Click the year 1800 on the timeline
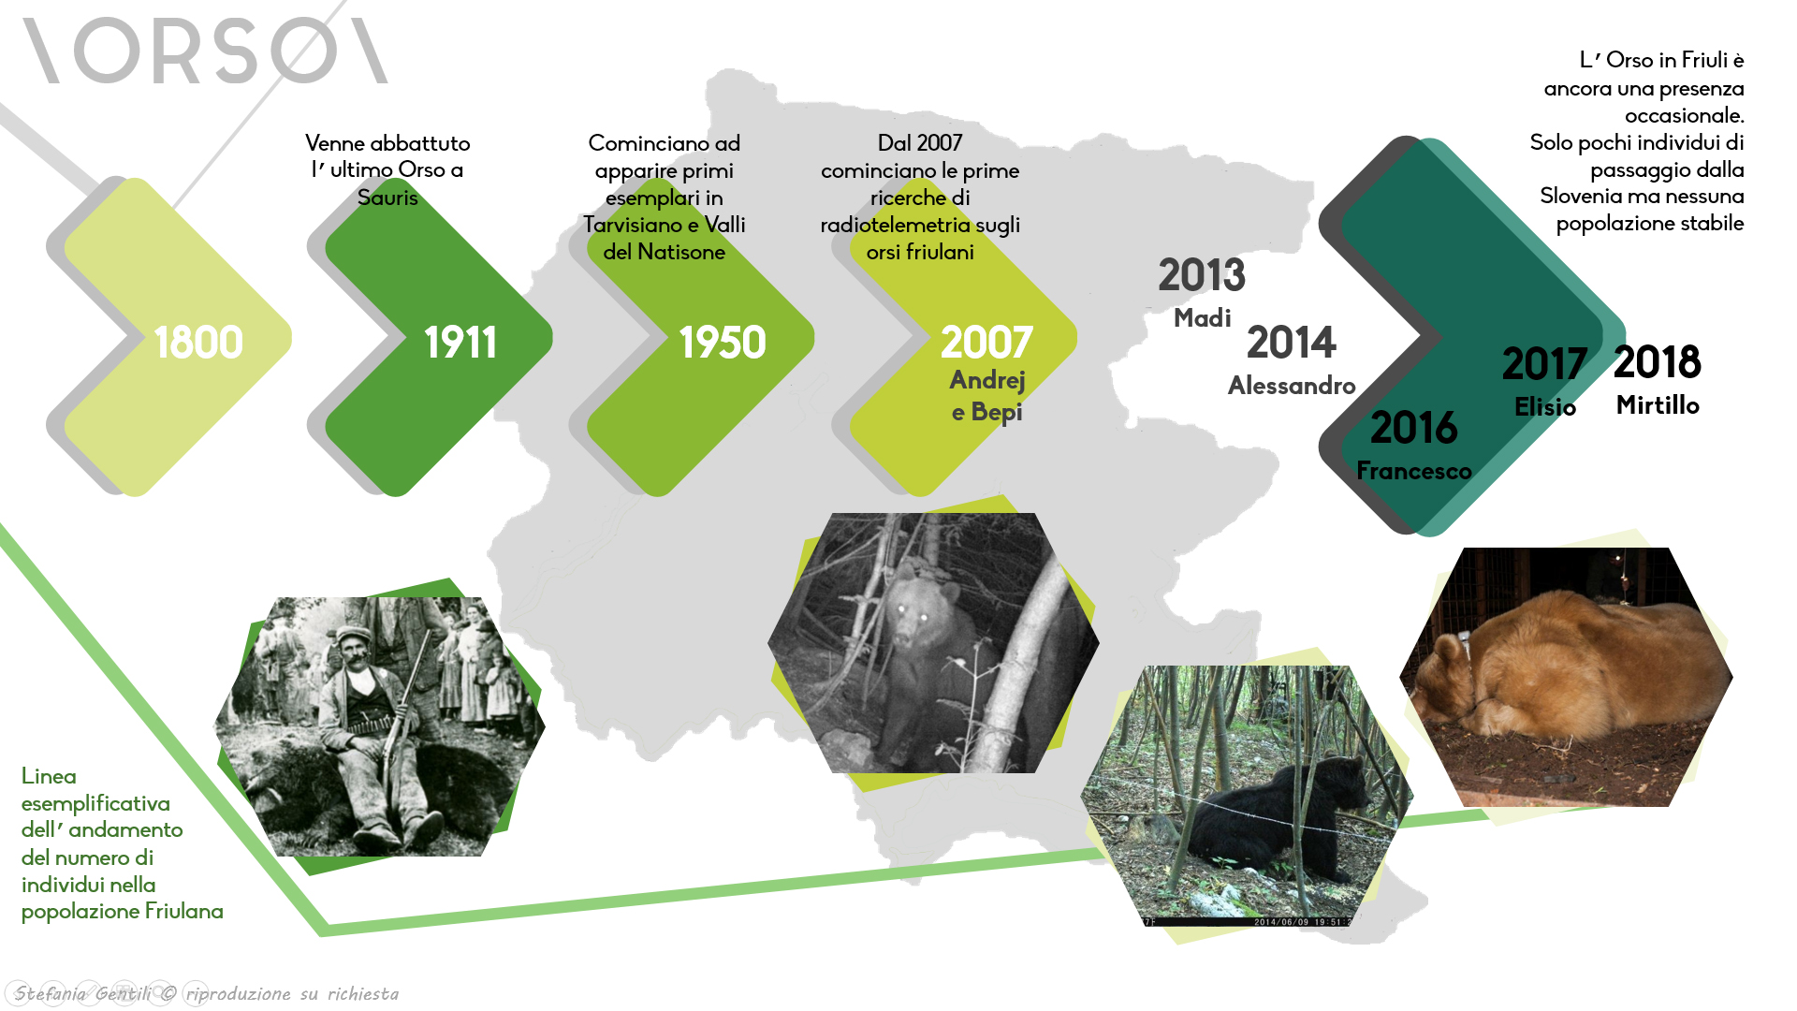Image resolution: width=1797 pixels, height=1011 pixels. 198,343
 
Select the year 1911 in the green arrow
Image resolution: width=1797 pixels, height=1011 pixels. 460,343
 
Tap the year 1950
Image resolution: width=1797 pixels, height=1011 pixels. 723,343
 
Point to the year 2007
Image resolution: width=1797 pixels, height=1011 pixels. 986,343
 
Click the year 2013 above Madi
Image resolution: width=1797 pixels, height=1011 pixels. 1202,275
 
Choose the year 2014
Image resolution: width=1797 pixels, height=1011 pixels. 1292,343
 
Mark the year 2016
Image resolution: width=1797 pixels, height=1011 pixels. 1414,428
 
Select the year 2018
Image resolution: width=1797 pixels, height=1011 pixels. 1658,362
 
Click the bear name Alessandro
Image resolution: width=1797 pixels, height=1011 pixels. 1292,386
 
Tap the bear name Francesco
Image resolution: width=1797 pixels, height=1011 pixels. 1414,471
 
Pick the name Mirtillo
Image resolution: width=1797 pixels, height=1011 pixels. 1658,405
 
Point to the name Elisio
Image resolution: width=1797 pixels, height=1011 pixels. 1545,407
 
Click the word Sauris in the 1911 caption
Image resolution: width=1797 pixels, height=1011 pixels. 387,198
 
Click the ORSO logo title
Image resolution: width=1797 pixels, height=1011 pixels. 206,51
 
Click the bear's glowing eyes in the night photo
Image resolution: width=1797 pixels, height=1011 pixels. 911,612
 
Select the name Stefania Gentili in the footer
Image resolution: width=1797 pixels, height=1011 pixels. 82,994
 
